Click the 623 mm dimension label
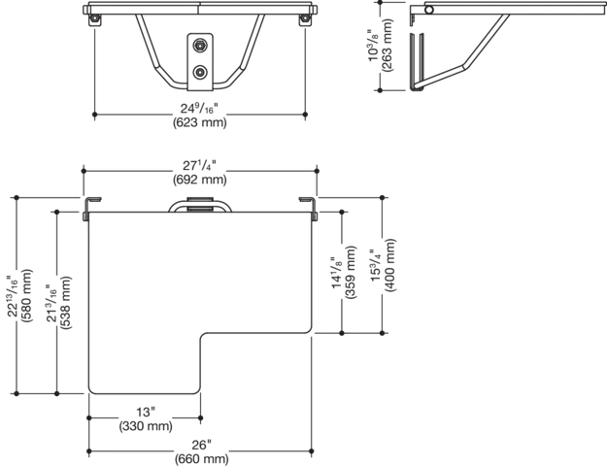click(x=200, y=122)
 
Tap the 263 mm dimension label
click(x=387, y=45)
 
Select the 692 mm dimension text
click(x=200, y=180)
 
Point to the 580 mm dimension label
click(x=27, y=296)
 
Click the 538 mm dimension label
click(x=65, y=303)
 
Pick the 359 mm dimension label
click(x=351, y=272)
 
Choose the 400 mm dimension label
click(x=390, y=265)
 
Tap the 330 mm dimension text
click(x=146, y=426)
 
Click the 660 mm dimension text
click(x=201, y=459)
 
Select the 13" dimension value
click(x=146, y=412)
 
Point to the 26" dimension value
click(x=201, y=445)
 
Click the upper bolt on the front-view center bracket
click(x=200, y=46)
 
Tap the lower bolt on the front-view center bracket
click(x=200, y=72)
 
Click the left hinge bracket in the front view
click(x=94, y=19)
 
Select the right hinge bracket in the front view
click(x=305, y=19)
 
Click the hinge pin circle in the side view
click(x=429, y=10)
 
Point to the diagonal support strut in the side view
click(x=485, y=42)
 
